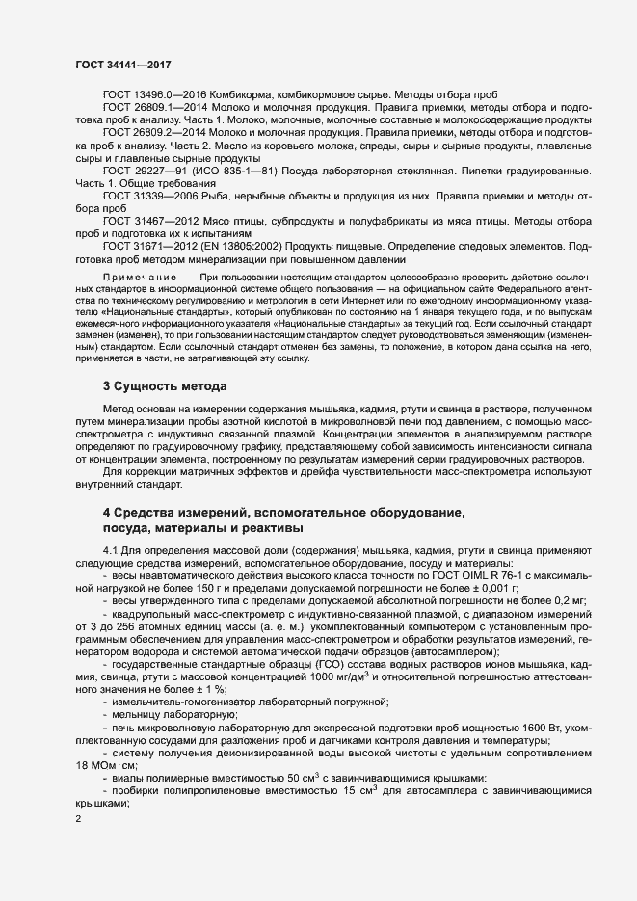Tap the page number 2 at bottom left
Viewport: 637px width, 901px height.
pyautogui.click(x=78, y=820)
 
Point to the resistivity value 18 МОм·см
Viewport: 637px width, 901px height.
pyautogui.click(x=108, y=765)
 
